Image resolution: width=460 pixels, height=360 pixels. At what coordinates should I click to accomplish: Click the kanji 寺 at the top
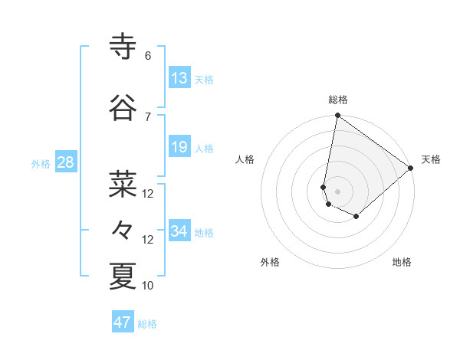(x=123, y=47)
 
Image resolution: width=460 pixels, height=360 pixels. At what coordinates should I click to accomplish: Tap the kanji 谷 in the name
(x=123, y=109)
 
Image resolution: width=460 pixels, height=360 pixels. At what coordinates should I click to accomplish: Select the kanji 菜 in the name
(x=123, y=185)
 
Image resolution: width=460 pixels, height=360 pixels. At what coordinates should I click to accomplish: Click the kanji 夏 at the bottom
(x=123, y=277)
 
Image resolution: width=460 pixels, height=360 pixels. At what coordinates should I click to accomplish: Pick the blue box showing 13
(x=179, y=77)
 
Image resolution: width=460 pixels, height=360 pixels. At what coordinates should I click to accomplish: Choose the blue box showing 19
(x=179, y=147)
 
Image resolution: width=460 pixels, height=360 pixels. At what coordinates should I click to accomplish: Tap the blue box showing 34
(x=179, y=231)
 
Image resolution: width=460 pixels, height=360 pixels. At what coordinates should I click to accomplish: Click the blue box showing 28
(x=65, y=162)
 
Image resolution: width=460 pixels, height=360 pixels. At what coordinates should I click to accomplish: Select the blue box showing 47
(x=123, y=322)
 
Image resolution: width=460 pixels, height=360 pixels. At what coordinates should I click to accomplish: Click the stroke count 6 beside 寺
(x=147, y=56)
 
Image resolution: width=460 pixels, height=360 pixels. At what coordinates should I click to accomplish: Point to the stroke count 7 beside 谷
(x=147, y=116)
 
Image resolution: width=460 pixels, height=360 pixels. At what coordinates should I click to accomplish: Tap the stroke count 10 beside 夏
(x=148, y=286)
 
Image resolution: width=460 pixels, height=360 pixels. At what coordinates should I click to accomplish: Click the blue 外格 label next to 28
(x=41, y=163)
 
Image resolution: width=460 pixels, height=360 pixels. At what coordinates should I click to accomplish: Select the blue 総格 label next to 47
(x=147, y=324)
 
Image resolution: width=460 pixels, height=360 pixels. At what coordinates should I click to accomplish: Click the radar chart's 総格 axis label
(x=338, y=100)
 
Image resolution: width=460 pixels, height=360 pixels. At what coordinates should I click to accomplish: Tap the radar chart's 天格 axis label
(x=431, y=159)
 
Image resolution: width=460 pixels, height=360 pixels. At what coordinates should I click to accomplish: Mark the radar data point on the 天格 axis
(x=411, y=168)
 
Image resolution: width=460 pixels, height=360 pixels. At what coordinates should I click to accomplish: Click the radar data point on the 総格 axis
(x=337, y=116)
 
